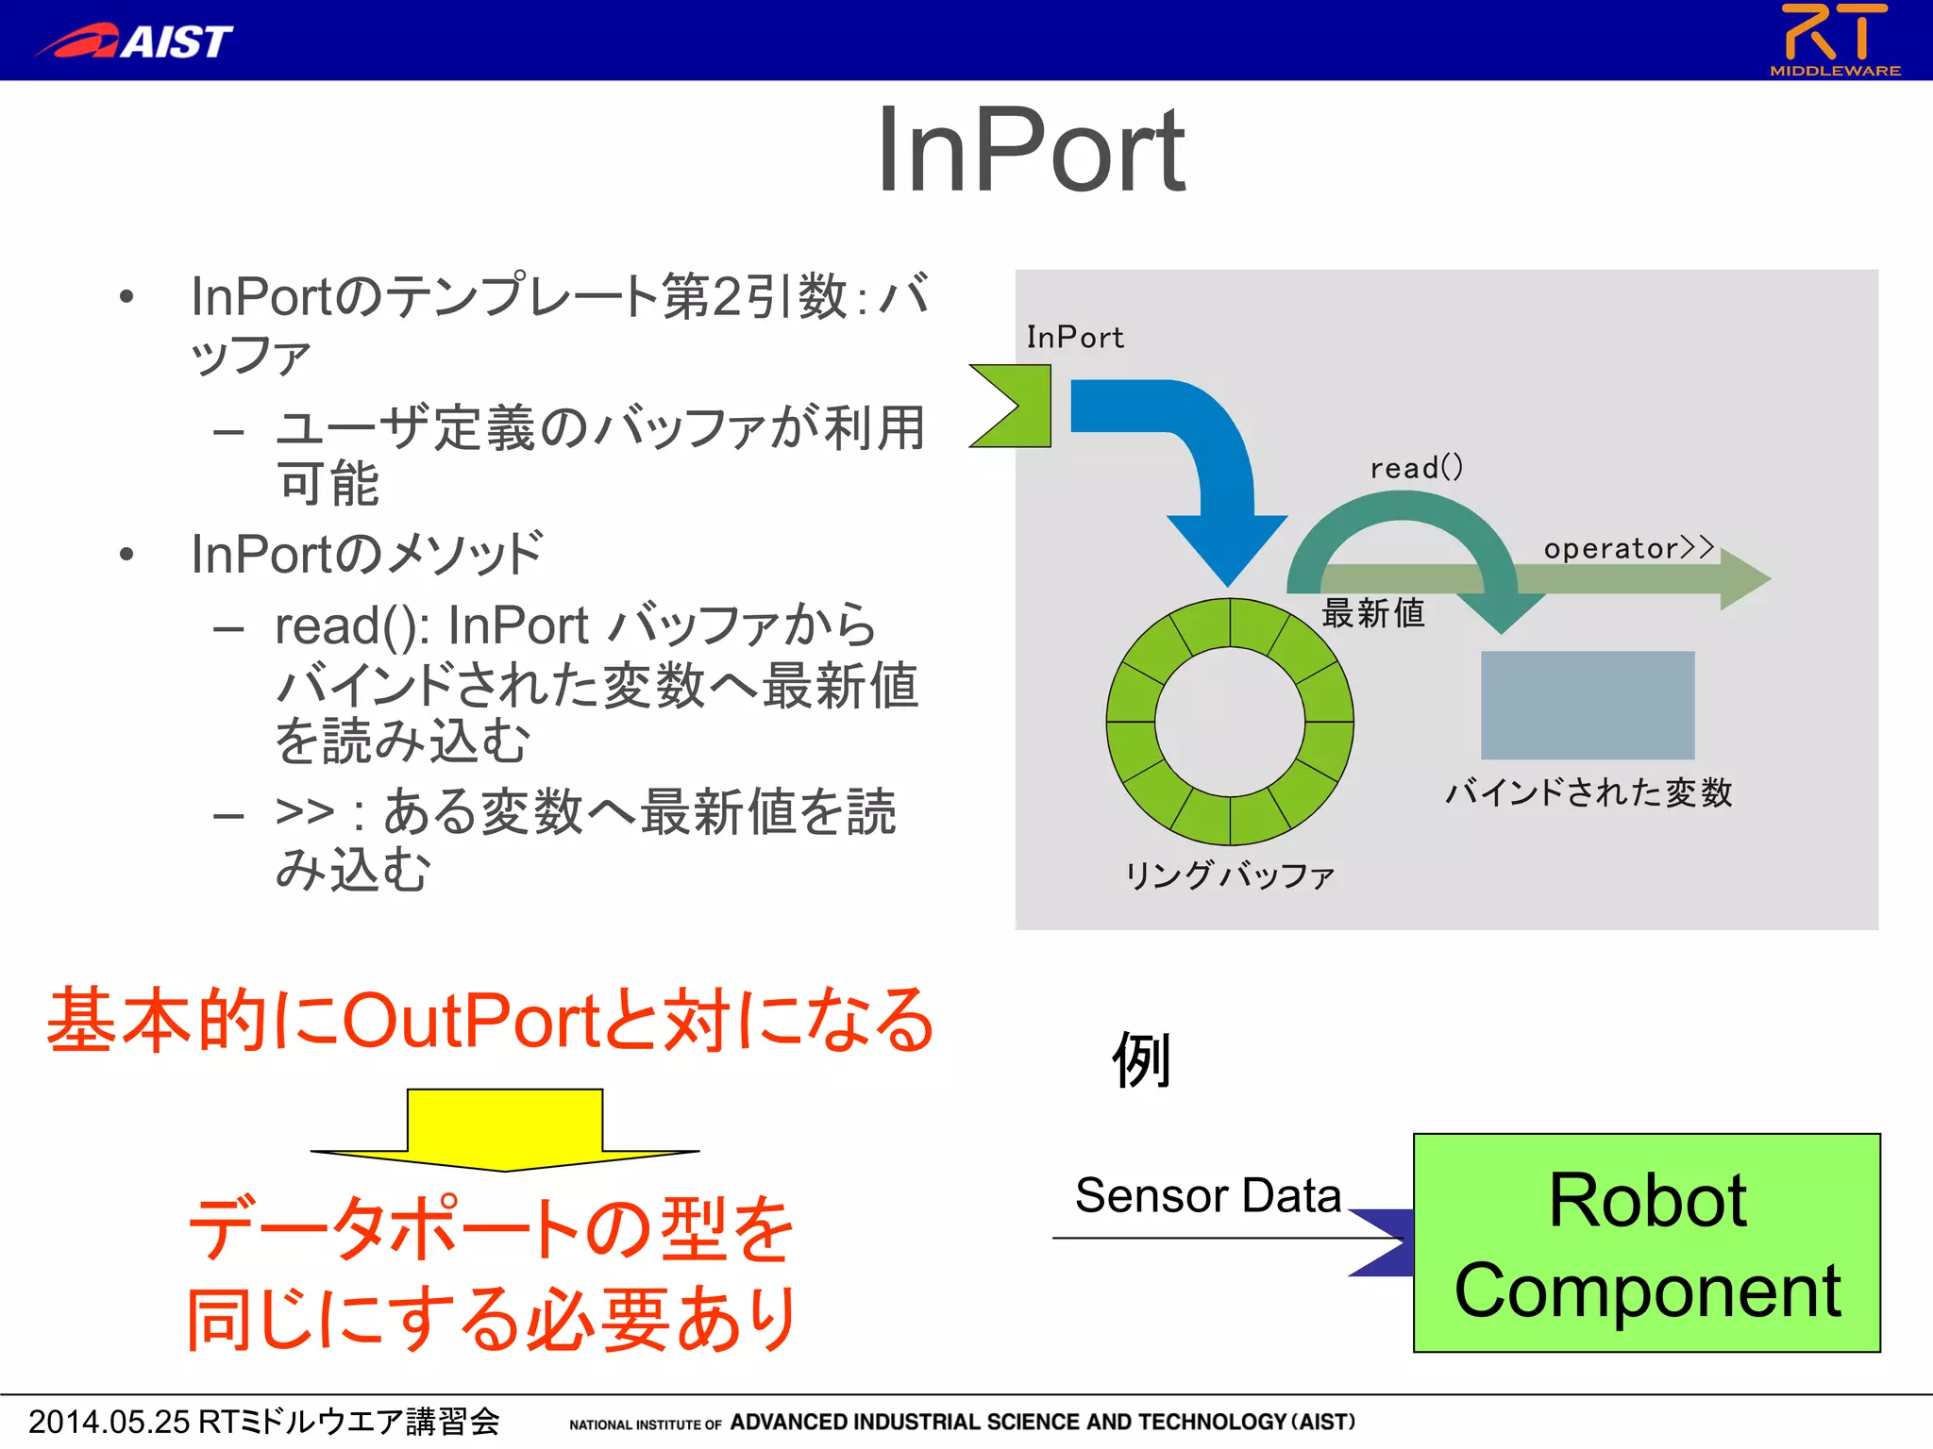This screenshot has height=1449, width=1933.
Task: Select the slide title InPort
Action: (1030, 151)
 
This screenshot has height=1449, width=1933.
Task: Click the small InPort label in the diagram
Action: (1075, 337)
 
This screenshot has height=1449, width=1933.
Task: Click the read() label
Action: (1416, 467)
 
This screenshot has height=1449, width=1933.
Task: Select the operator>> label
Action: (1628, 548)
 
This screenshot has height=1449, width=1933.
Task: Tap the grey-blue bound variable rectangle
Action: (1588, 705)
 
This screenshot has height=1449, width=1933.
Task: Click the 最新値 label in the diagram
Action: (1372, 613)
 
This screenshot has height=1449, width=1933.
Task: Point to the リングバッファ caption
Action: (1229, 875)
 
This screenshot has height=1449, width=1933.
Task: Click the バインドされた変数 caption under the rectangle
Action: (1588, 791)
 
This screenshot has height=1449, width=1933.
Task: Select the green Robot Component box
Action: (1646, 1242)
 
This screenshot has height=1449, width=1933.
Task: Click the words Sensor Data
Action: (1207, 1195)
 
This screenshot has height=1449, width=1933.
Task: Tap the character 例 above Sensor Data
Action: (1142, 1059)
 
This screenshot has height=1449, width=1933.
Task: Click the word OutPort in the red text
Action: (472, 1021)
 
